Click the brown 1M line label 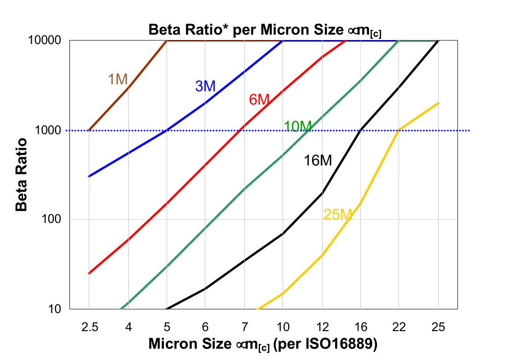tap(117, 80)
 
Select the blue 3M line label tap(205, 86)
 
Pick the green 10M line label tap(297, 126)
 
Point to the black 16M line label tap(318, 161)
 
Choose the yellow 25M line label tap(337, 215)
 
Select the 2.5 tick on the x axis tap(89, 326)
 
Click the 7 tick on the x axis tap(244, 326)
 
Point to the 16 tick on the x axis tap(361, 326)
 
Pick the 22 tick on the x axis tap(399, 326)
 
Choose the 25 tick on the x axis tap(439, 326)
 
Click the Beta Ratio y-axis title tap(22, 174)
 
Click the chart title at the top tap(265, 30)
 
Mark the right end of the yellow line tap(439, 103)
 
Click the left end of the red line tap(89, 273)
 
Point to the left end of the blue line tap(89, 176)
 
